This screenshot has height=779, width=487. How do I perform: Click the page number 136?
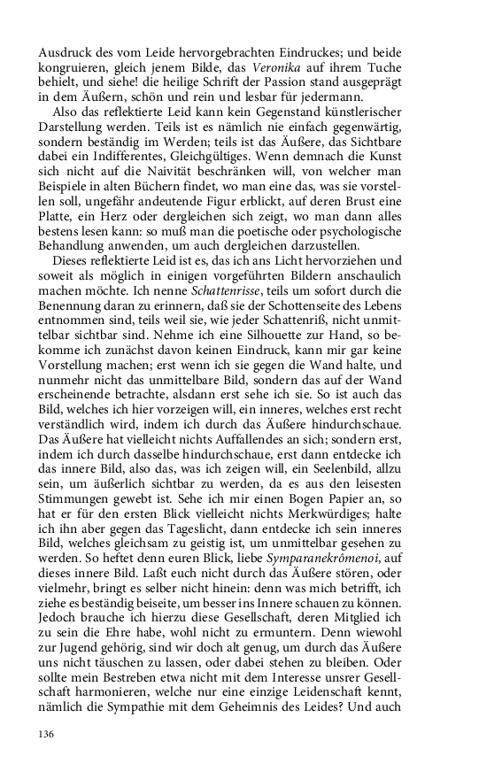point(48,735)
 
